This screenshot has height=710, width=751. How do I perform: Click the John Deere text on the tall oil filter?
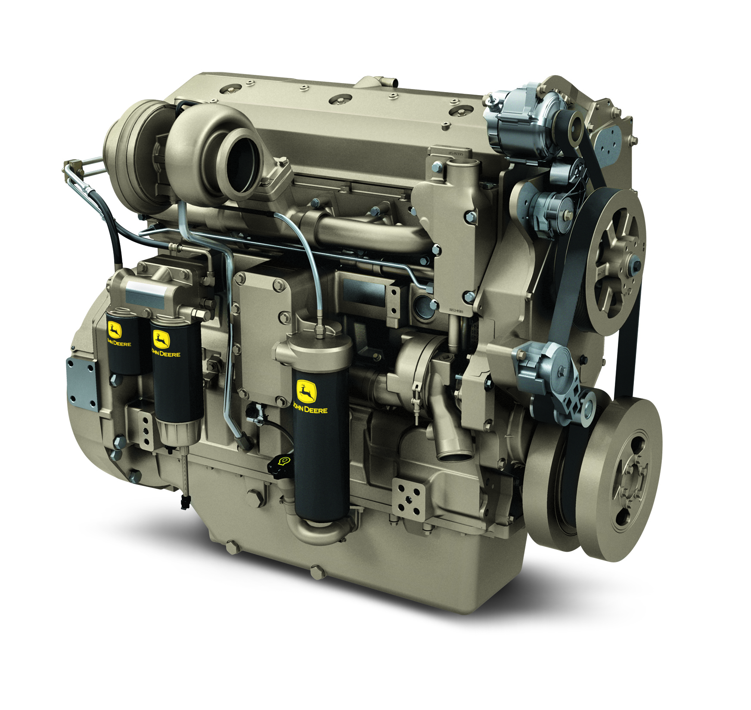[x=311, y=409]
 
